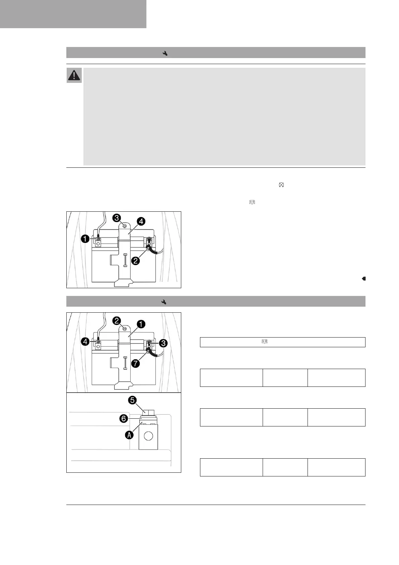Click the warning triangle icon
tap(74, 75)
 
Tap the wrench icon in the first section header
tap(165, 53)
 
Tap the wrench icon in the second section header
tap(164, 302)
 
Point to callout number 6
tap(123, 418)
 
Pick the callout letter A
tap(129, 435)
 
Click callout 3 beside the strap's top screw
tap(117, 218)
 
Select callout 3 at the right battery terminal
tap(163, 343)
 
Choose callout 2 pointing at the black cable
tap(136, 260)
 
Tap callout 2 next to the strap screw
tap(117, 321)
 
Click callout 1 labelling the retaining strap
tap(141, 324)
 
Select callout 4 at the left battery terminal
tap(86, 342)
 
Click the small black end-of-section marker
tap(364, 278)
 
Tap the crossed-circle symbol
tap(281, 185)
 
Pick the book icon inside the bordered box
tap(264, 342)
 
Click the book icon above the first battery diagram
tap(252, 202)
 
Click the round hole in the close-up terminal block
tap(148, 436)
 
